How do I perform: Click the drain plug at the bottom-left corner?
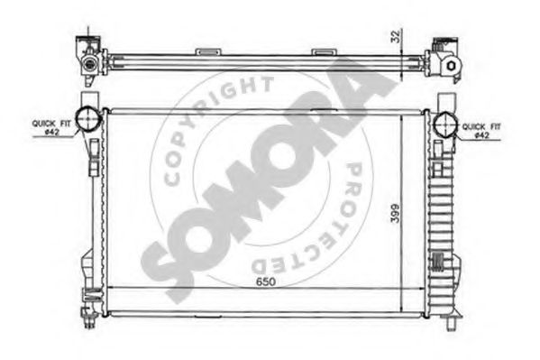click(91, 317)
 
